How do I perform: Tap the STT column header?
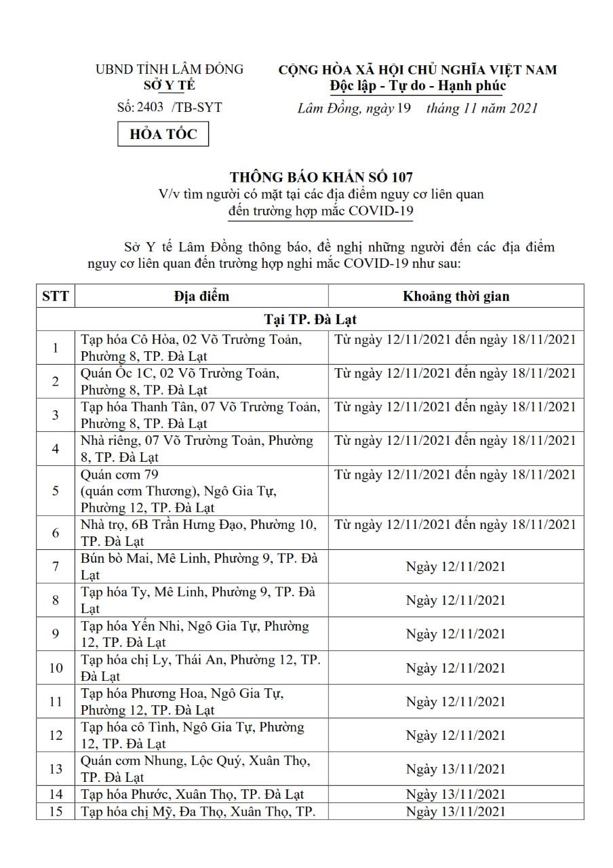point(55,296)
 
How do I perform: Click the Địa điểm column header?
point(201,296)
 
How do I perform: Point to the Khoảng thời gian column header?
point(456,296)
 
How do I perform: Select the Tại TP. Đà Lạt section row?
point(310,319)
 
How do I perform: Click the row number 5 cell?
point(55,490)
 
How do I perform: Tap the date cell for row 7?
point(456,566)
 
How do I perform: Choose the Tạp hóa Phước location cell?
point(193,794)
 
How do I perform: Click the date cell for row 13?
point(456,769)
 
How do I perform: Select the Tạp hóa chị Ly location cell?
point(201,667)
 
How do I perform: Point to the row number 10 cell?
point(55,668)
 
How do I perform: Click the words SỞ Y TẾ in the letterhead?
point(169,85)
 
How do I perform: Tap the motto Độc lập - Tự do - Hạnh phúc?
point(418,85)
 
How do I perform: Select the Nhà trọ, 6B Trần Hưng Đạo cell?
point(201,532)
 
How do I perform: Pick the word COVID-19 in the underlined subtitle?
point(380,210)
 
